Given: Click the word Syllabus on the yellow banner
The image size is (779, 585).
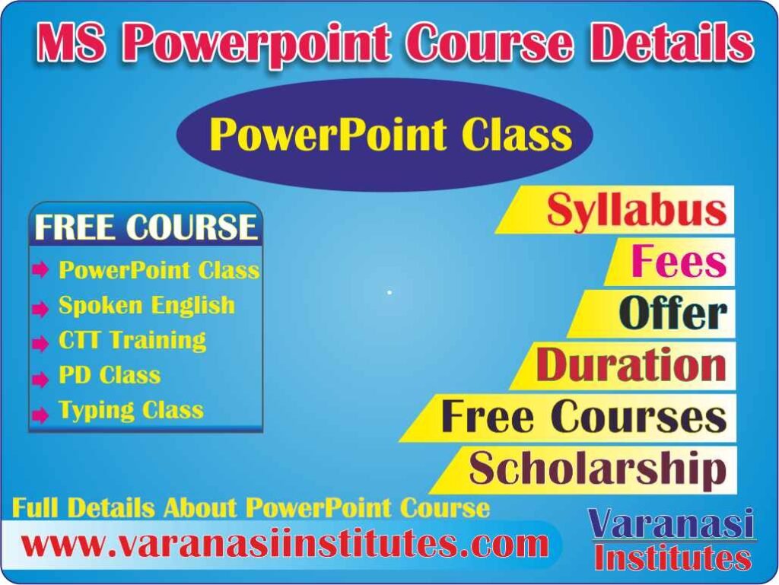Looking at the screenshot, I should (x=636, y=210).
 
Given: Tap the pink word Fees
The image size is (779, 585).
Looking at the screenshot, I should (x=678, y=262).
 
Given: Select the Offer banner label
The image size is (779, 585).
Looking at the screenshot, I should (x=672, y=313).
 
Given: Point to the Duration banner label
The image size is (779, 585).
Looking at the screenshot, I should (x=631, y=365).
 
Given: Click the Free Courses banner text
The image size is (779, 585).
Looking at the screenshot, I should (x=583, y=417).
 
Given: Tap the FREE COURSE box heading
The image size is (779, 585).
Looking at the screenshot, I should (x=146, y=227).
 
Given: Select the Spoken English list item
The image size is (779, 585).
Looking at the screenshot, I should (x=147, y=306).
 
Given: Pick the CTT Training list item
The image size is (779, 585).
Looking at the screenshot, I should (x=132, y=340).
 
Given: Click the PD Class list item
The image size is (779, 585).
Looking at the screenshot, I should (x=110, y=375).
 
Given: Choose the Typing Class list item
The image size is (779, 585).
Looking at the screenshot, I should (x=131, y=411).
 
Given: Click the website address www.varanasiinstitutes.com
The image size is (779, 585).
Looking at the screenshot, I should (x=285, y=545).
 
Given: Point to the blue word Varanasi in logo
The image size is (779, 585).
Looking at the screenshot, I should (x=672, y=525).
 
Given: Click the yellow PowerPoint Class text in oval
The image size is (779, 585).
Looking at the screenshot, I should (x=390, y=135).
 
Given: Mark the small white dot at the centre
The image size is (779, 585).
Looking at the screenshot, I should (x=389, y=292).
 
